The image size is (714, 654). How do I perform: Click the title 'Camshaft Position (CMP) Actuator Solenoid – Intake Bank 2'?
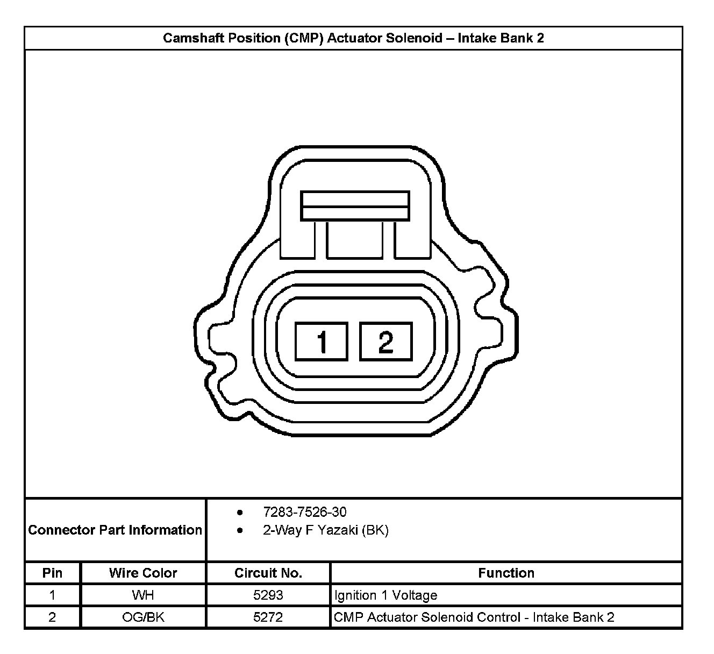coord(353,38)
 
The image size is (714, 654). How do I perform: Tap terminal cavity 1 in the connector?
coord(322,341)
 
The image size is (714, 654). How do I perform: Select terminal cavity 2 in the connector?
coord(386,341)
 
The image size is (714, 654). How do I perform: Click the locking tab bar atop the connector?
coord(355,206)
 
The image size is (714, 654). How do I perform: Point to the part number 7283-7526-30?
coord(305,512)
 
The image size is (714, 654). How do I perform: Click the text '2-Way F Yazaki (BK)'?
coord(326,530)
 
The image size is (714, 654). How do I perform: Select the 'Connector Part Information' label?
coord(115,530)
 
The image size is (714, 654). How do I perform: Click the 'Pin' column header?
coord(52,573)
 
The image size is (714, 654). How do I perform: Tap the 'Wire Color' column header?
coord(143,573)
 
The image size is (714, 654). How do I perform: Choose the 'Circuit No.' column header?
coord(268,573)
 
